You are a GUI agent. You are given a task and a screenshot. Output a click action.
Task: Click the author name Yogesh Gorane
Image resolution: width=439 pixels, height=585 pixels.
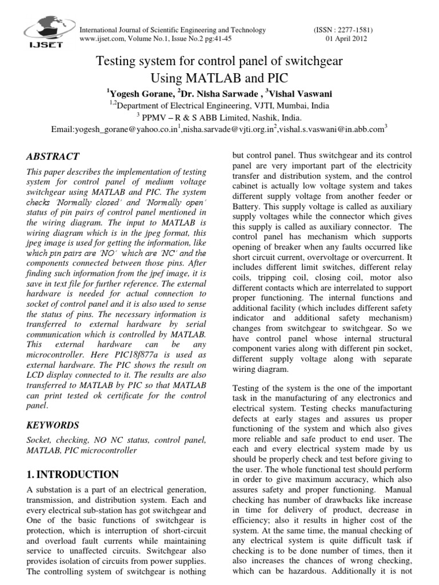pyautogui.click(x=140, y=93)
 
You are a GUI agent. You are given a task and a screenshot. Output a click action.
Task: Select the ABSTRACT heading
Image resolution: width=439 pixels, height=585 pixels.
pyautogui.click(x=54, y=157)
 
